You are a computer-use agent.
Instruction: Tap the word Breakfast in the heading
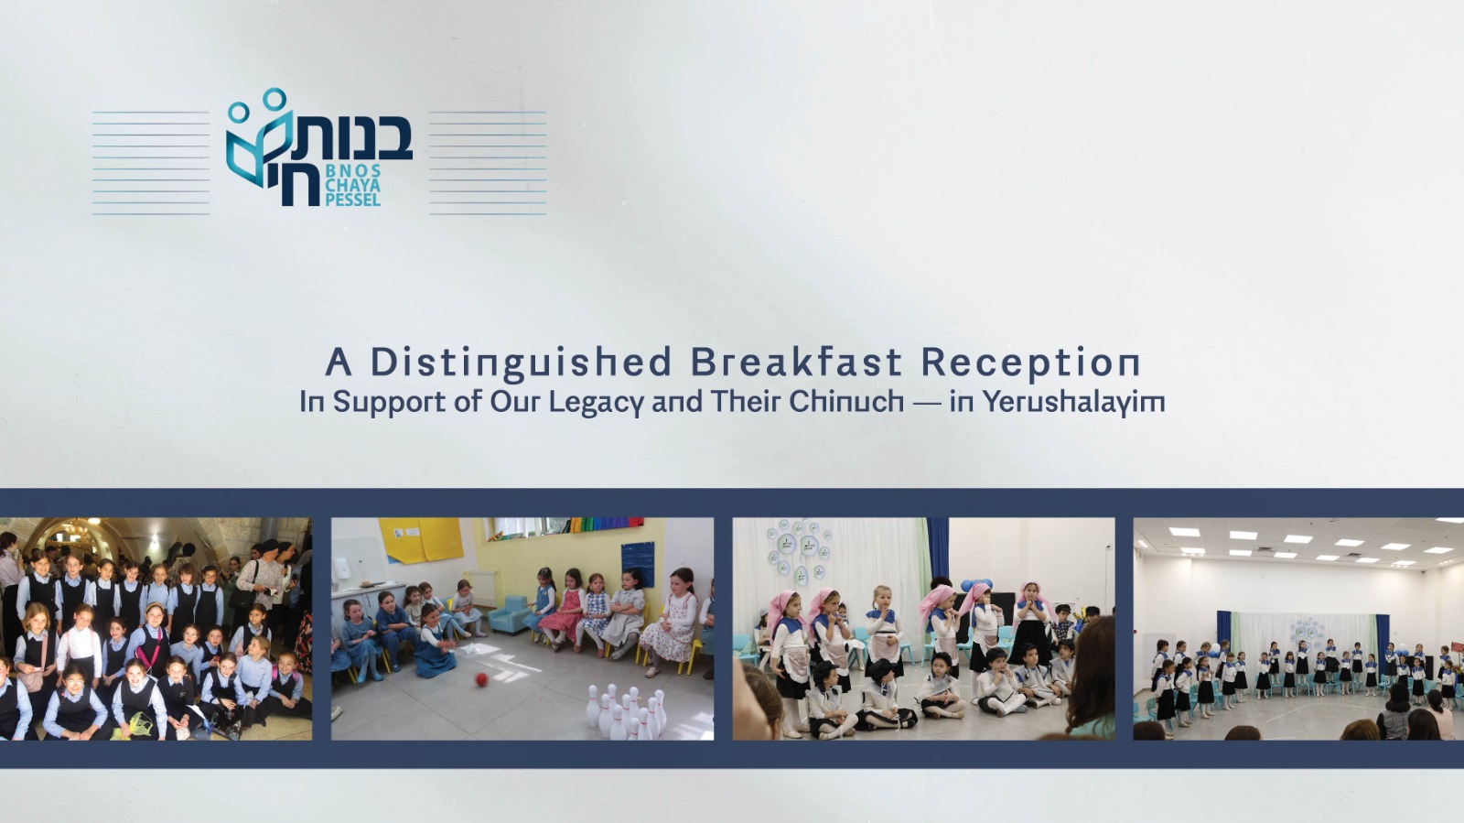[796, 362]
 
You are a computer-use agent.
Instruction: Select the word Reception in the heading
[1030, 363]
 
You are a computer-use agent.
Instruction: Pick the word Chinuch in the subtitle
[846, 401]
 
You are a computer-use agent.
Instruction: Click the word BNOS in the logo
[353, 171]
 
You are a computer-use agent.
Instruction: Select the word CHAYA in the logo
[352, 186]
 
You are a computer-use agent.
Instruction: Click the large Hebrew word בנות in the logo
[353, 136]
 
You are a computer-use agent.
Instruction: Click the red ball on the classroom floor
[481, 680]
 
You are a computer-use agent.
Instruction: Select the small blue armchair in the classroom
[509, 614]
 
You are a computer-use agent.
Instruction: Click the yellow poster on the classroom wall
[421, 540]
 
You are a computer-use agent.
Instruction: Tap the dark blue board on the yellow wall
[637, 564]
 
